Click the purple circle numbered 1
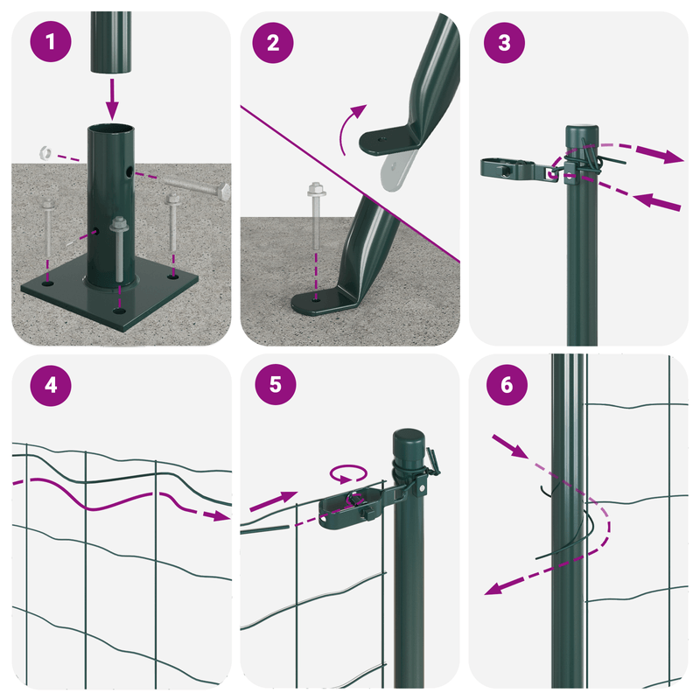click(51, 41)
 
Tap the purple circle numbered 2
click(273, 43)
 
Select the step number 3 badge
click(504, 43)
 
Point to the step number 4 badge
click(51, 385)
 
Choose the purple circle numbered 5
click(276, 384)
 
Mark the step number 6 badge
click(507, 385)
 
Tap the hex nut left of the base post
click(45, 152)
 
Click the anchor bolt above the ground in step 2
click(316, 216)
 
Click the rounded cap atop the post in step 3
click(582, 136)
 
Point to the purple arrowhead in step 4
click(221, 515)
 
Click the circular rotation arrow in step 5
click(348, 473)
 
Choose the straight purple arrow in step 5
click(274, 501)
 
